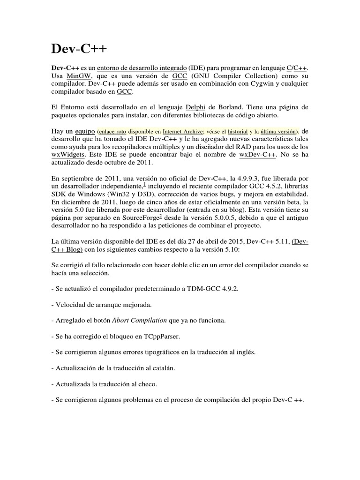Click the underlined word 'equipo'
pyautogui.click(x=84, y=129)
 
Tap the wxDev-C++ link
pyautogui.click(x=257, y=155)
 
